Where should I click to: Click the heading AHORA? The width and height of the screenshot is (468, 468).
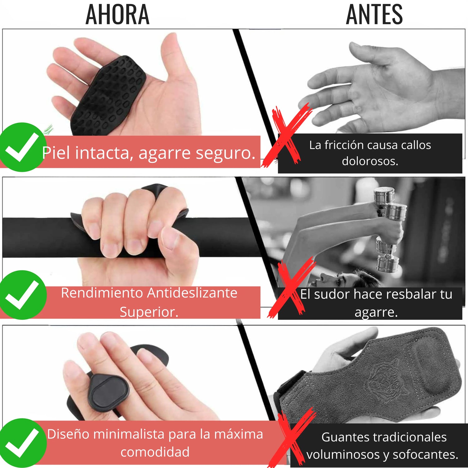tap(117, 14)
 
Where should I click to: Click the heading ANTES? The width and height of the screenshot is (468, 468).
tap(374, 14)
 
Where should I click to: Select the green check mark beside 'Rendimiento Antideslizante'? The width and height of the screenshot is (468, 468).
tap(22, 295)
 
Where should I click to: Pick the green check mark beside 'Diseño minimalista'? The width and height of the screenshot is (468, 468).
tap(22, 443)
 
